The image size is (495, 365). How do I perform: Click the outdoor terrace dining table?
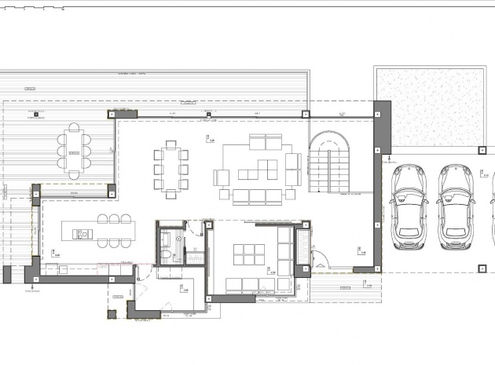click(73, 151)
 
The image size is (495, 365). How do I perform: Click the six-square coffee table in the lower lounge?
click(250, 254)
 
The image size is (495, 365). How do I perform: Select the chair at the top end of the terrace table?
click(73, 127)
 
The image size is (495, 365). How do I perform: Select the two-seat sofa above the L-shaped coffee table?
click(265, 143)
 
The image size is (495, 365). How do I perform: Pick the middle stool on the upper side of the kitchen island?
click(114, 219)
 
